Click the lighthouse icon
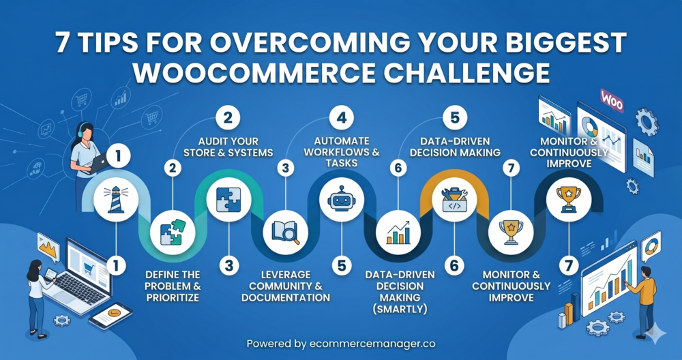click(116, 200)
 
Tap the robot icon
click(342, 200)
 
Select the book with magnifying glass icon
click(285, 232)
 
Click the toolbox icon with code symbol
click(454, 200)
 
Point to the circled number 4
click(342, 118)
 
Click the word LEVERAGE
click(286, 275)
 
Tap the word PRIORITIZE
click(173, 298)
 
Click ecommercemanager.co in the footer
click(372, 344)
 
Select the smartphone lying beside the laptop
click(110, 316)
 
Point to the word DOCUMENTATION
click(286, 298)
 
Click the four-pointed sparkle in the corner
click(655, 334)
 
